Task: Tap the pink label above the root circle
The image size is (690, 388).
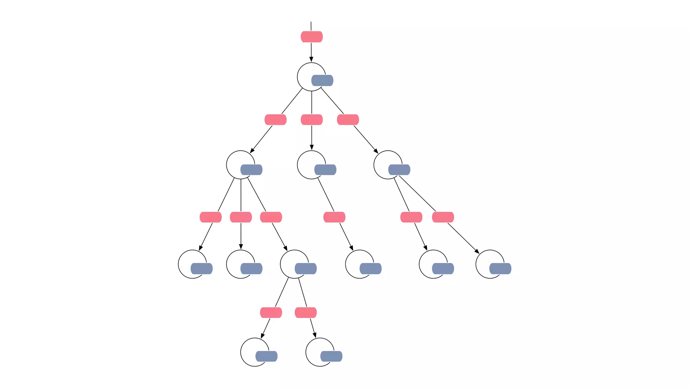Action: click(x=312, y=37)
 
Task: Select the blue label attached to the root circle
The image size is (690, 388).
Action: click(x=322, y=80)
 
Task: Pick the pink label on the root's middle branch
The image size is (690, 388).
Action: click(x=312, y=120)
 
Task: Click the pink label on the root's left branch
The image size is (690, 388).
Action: click(x=276, y=120)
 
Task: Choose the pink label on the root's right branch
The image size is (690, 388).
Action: click(x=348, y=120)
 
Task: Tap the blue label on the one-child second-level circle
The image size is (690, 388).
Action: click(x=325, y=170)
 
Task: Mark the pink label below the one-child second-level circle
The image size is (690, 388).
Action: click(x=335, y=217)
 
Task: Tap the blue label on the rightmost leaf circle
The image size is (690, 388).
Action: click(x=500, y=269)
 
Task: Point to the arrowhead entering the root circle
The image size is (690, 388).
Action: click(x=311, y=60)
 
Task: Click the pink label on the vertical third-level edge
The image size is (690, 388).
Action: click(x=241, y=217)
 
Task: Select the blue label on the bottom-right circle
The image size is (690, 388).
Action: click(x=332, y=356)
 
